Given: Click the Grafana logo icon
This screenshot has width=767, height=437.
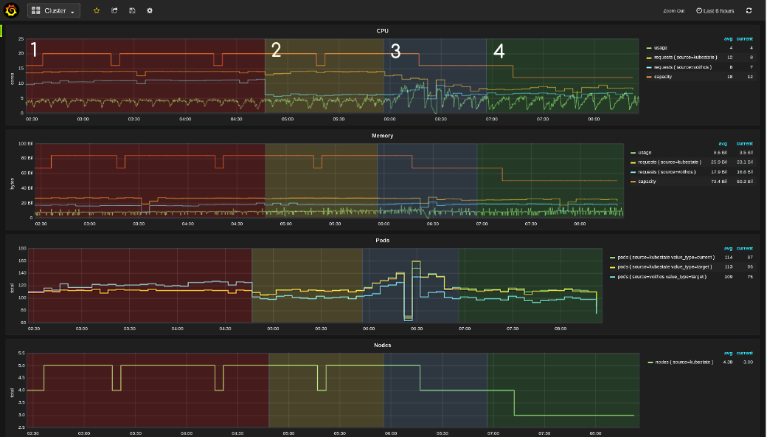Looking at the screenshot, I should pos(11,10).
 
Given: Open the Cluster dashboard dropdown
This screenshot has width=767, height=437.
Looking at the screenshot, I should pos(54,11).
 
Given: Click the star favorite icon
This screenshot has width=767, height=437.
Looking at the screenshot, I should pos(97,11).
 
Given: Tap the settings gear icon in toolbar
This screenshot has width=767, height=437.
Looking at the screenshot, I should pos(150,11).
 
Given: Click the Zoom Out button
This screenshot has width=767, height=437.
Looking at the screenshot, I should pos(673,11).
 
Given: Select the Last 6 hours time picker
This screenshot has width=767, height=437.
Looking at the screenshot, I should pos(715,11).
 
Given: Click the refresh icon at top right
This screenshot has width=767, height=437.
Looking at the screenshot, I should pos(749,11).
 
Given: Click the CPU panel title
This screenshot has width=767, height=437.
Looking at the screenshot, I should pos(382,31).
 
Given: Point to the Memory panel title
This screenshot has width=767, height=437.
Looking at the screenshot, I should pos(382,136).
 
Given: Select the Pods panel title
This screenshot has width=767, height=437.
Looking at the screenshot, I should pos(382,241).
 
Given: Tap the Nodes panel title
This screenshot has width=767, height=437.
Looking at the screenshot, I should pos(382,345).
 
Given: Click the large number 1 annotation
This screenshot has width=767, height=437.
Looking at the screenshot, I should pos(33,50).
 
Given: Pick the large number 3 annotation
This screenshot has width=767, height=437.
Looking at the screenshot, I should pos(395,52).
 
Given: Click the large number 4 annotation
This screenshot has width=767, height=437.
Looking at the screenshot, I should pos(499,52).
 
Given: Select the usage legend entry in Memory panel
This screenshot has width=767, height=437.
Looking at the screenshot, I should pos(645,153).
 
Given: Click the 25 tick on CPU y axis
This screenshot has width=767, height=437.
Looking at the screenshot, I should pos(21,38).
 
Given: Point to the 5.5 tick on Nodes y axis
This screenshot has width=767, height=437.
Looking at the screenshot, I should pos(21,354).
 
